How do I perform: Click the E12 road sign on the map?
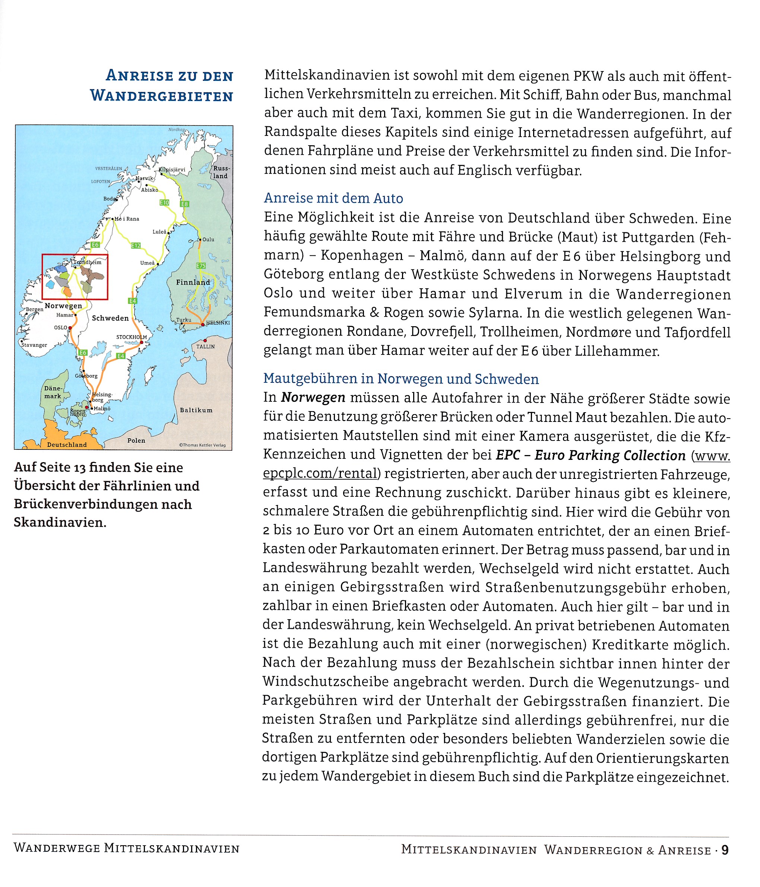[135, 245]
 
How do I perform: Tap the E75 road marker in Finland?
[201, 266]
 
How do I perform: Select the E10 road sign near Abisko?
[164, 203]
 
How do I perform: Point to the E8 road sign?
[184, 204]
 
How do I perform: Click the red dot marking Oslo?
[70, 328]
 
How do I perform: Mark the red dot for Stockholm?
[141, 343]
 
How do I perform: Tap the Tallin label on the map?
[206, 346]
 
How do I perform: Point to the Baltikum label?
[196, 410]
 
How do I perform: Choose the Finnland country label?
[193, 283]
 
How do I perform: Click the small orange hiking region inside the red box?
[67, 292]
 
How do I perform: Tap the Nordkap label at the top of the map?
[177, 129]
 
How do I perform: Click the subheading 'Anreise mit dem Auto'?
[333, 198]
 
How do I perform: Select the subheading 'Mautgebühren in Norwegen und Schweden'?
[401, 379]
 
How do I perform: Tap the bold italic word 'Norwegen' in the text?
[313, 398]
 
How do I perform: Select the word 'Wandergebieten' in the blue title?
[161, 96]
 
